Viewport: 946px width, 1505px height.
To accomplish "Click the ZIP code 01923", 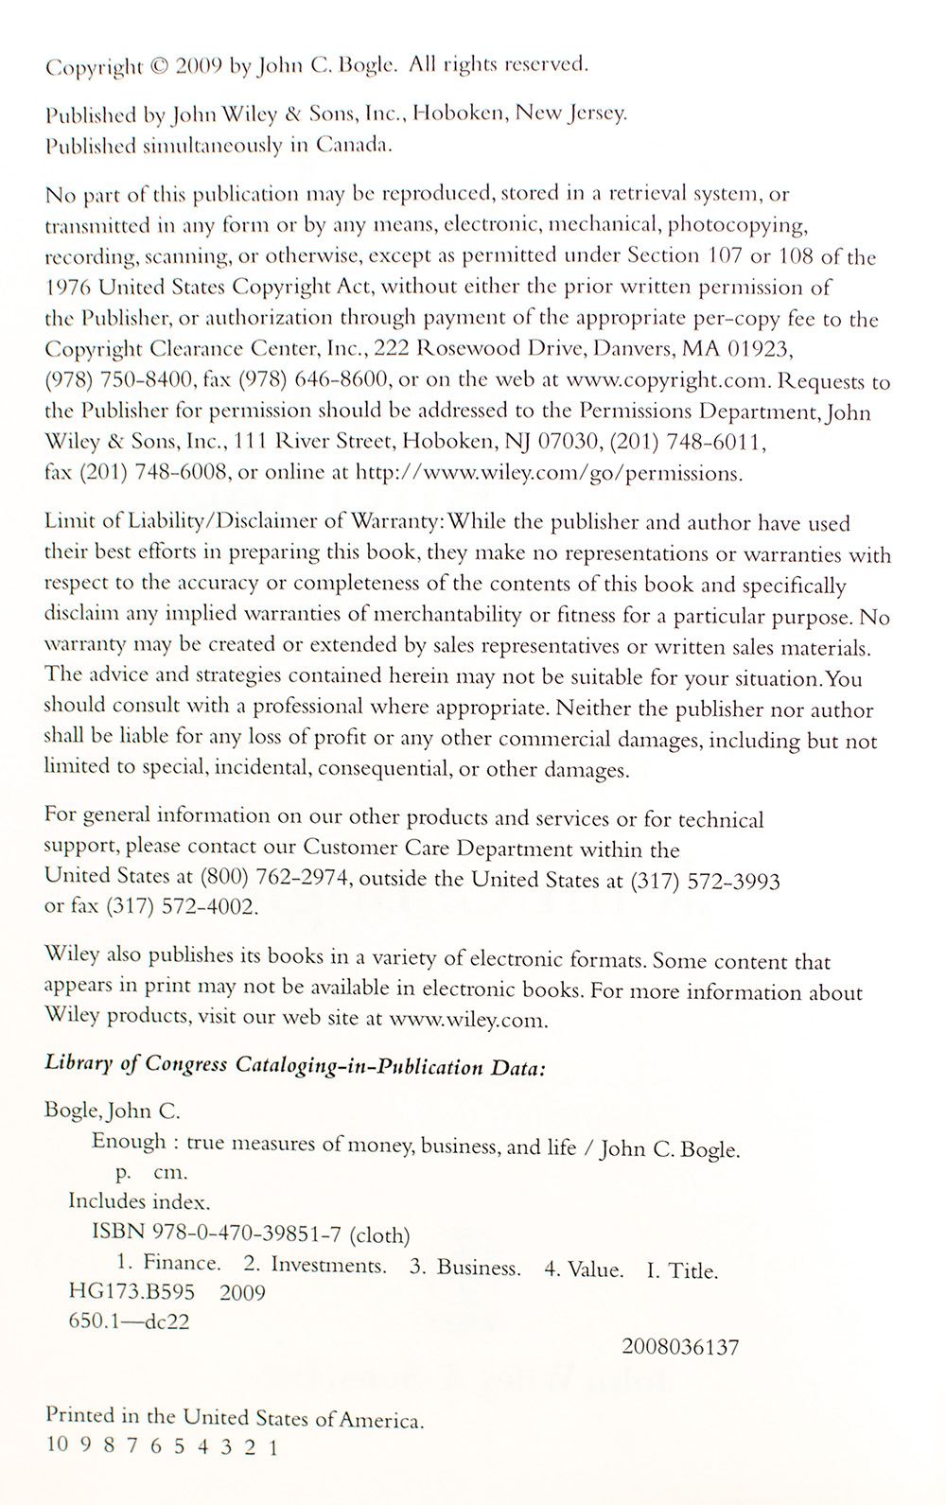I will pos(758,350).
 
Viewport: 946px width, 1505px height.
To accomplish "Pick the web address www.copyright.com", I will pos(671,381).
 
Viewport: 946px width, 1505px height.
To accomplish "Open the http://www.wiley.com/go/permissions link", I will pos(548,473).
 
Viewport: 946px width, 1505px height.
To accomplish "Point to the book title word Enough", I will pos(129,1142).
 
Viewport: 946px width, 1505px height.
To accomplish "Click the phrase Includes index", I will pos(139,1201).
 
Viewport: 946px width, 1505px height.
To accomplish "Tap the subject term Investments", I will pos(328,1265).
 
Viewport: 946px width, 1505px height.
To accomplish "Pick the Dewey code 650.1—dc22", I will pos(129,1321).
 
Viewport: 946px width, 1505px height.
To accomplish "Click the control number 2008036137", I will pos(681,1347).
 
